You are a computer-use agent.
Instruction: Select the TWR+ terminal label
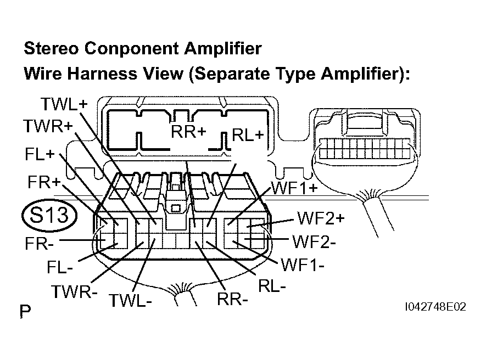[48, 126]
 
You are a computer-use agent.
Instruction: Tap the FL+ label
[39, 154]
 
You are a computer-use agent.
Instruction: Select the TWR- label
[74, 291]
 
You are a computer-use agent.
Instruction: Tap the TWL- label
[130, 300]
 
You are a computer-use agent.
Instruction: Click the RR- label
[232, 300]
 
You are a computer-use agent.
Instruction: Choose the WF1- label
[303, 266]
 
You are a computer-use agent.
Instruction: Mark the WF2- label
[314, 241]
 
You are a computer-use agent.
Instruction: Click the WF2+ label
[321, 218]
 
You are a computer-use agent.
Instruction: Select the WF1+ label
[295, 189]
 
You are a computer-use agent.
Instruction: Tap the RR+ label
[188, 132]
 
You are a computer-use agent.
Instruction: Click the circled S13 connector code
[48, 215]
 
